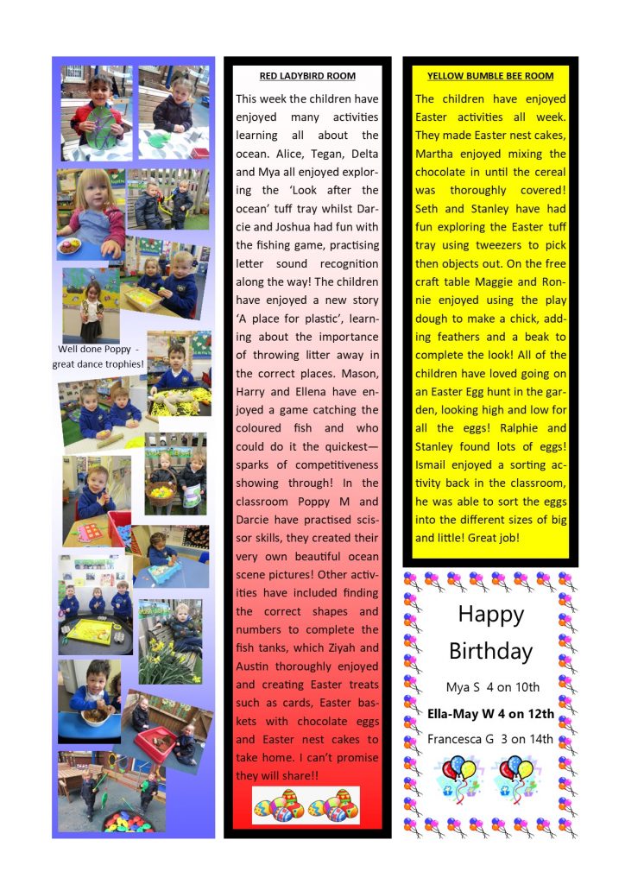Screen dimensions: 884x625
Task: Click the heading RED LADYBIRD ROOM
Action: click(307, 76)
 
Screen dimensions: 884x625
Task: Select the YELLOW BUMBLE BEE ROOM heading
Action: click(489, 76)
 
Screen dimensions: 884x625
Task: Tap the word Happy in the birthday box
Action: click(490, 615)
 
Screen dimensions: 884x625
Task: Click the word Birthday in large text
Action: click(490, 651)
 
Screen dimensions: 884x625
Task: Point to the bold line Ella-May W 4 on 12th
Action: click(490, 714)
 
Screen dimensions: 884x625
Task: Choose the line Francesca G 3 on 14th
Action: click(490, 739)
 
